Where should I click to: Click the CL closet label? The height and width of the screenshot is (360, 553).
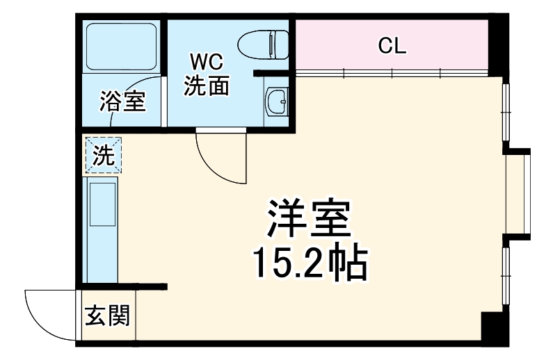click(392, 46)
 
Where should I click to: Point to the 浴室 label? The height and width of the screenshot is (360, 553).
click(122, 101)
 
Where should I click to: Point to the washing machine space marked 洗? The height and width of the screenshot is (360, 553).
click(103, 155)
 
